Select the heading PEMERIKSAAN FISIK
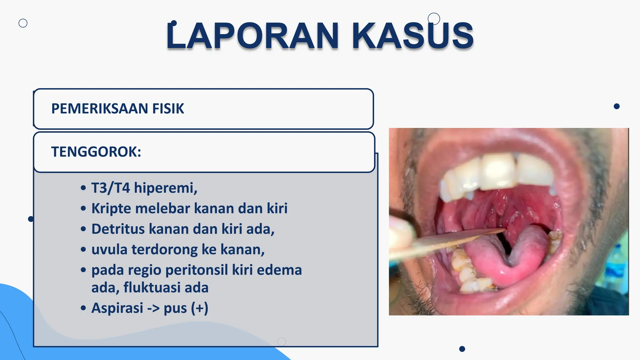click(117, 109)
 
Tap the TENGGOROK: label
click(96, 152)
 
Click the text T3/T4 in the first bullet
click(110, 188)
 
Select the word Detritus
click(118, 229)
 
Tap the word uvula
click(109, 250)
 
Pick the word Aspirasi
click(117, 308)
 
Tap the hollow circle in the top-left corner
click(23, 23)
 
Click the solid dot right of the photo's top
click(617, 106)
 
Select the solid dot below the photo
click(462, 349)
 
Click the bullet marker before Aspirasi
click(83, 308)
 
